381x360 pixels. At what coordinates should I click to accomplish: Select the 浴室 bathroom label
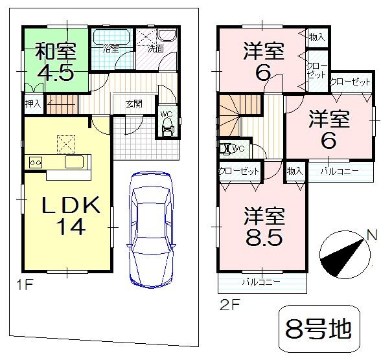(111, 49)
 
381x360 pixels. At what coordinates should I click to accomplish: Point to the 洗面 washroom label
(155, 49)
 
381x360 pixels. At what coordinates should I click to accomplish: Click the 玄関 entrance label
(134, 104)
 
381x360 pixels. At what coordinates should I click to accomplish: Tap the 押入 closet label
(32, 103)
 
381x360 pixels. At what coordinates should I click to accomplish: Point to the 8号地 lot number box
(319, 329)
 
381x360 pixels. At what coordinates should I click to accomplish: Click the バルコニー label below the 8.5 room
(261, 282)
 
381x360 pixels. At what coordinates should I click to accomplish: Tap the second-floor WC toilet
(227, 149)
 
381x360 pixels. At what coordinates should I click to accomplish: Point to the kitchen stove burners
(34, 162)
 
